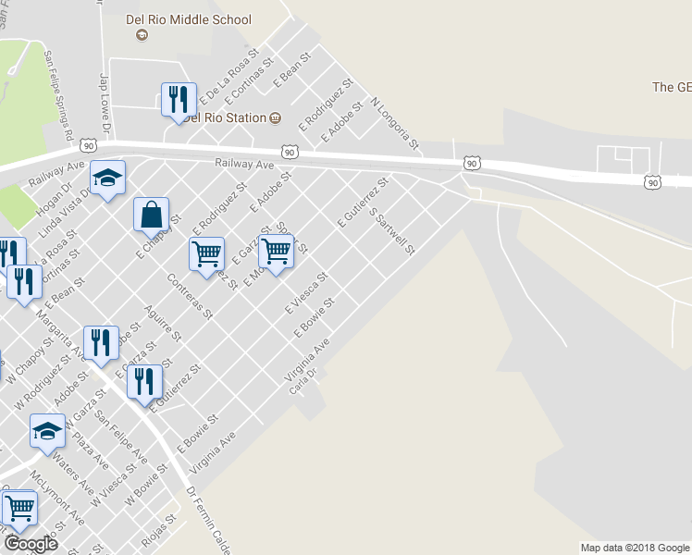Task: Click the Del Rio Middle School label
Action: point(188,18)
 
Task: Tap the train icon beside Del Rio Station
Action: point(275,117)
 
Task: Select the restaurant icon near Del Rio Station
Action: point(178,99)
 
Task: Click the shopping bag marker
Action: point(151,215)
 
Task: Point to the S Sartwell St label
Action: point(393,230)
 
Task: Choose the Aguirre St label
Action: point(161,326)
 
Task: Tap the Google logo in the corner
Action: point(30,543)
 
